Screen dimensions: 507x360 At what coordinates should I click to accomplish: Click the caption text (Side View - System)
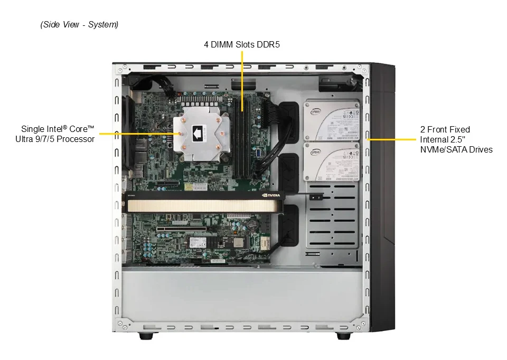coord(79,25)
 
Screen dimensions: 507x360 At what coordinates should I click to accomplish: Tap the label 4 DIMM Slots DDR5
coord(241,44)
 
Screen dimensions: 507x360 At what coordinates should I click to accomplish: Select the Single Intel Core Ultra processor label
coord(55,134)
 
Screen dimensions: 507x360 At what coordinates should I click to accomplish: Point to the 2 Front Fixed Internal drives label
coord(456,139)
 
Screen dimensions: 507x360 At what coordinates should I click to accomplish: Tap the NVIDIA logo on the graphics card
coord(271,195)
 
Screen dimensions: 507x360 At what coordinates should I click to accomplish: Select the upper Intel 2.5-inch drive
coord(331,120)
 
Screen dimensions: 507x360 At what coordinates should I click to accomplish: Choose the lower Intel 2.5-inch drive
coord(331,162)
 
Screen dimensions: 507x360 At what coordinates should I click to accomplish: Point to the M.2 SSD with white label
coord(217,241)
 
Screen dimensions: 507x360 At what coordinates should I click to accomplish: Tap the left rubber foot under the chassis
coord(146,336)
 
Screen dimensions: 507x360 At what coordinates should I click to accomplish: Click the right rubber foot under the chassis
coord(343,336)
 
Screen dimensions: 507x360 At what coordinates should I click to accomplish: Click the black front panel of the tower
coord(383,197)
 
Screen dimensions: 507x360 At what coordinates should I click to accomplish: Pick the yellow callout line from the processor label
coord(139,134)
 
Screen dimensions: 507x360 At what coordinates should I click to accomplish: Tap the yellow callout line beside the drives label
coord(391,139)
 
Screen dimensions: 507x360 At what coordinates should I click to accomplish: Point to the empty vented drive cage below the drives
coord(332,215)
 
